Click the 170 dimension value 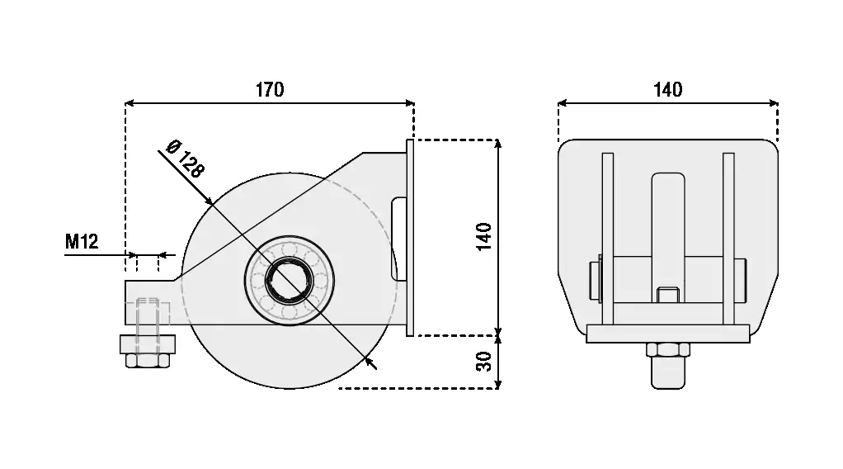(x=269, y=89)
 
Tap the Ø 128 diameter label (x=185, y=158)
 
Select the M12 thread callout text (x=82, y=242)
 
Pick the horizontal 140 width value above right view (x=667, y=89)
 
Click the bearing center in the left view (x=290, y=280)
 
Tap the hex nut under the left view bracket (x=147, y=360)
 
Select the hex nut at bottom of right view (x=668, y=349)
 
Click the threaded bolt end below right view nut (x=668, y=372)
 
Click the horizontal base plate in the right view (x=668, y=334)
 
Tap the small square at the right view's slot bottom (x=668, y=295)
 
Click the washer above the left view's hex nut (x=147, y=343)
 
